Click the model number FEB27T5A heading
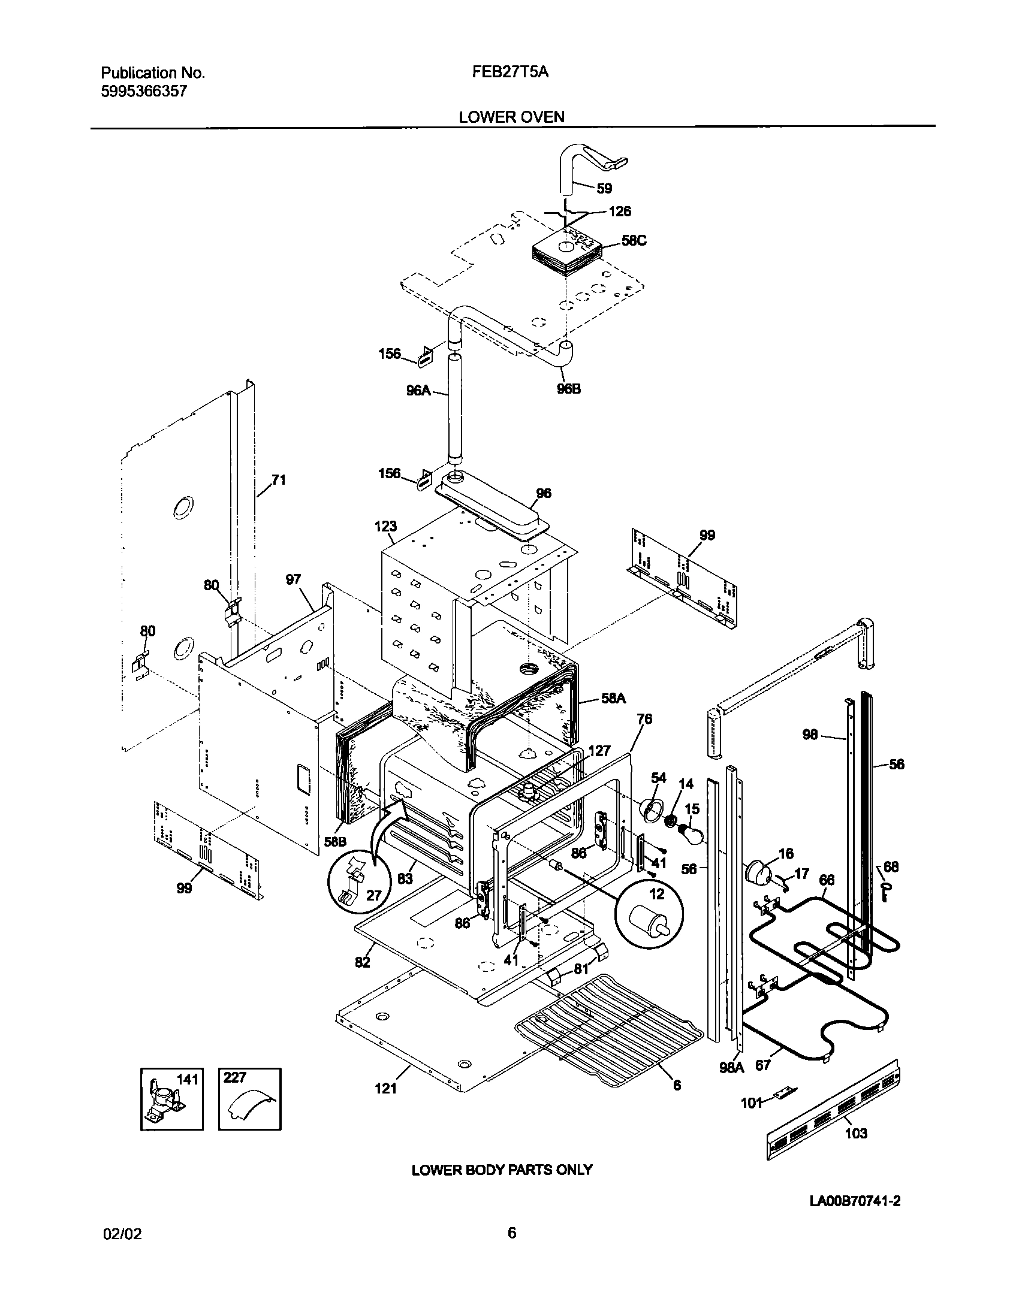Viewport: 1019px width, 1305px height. (x=510, y=73)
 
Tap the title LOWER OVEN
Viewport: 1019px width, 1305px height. (x=511, y=117)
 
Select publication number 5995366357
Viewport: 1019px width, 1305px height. (x=144, y=91)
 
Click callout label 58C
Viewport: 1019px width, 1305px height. (x=634, y=241)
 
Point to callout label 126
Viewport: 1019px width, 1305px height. (x=620, y=212)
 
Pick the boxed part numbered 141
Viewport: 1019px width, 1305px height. (x=171, y=1098)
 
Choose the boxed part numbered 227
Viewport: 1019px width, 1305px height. (x=249, y=1098)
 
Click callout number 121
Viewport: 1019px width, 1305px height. (x=385, y=1088)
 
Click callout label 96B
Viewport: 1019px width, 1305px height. (x=568, y=389)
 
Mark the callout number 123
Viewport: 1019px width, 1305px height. (x=385, y=526)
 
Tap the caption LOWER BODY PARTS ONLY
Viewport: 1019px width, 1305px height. (x=502, y=1170)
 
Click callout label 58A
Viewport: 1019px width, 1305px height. (x=613, y=698)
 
